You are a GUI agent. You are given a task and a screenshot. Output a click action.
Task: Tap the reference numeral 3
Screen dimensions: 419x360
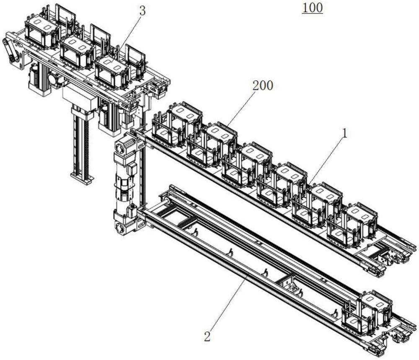pos(143,11)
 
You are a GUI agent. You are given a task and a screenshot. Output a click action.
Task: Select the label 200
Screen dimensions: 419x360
pos(263,86)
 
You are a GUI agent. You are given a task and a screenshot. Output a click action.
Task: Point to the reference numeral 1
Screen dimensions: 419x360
pos(345,133)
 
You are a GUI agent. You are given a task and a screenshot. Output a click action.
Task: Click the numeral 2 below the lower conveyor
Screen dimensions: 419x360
pos(207,336)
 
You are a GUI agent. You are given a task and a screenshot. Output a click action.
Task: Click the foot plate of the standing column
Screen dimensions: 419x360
pos(82,178)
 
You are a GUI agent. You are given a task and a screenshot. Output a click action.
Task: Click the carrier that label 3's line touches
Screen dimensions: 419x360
pos(112,72)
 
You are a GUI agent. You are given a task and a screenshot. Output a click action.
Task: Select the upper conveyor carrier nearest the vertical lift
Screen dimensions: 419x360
pos(177,124)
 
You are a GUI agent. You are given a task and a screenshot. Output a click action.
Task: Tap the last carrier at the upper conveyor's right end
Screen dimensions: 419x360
pos(352,225)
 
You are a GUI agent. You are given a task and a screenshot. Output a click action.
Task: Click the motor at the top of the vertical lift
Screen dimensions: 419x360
pos(125,146)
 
